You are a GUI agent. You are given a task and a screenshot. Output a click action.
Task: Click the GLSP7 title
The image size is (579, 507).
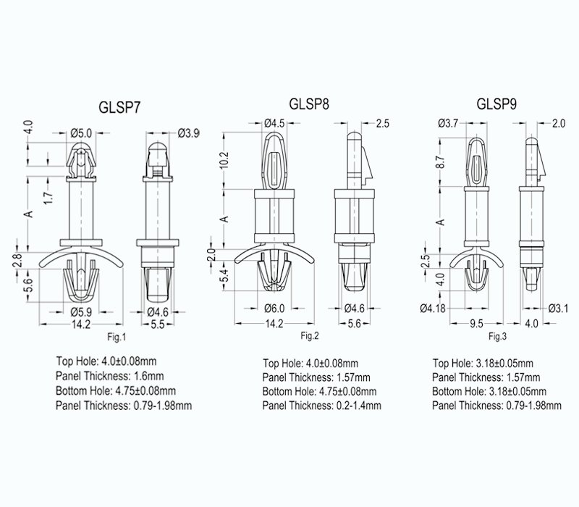(119, 107)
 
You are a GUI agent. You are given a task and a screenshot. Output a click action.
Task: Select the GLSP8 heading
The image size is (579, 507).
(309, 104)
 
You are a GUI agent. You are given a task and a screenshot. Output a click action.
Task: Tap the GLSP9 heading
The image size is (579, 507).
(496, 104)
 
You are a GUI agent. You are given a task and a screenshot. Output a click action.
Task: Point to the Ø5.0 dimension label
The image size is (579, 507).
(81, 133)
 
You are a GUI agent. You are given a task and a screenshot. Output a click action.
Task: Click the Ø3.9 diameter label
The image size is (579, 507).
(189, 133)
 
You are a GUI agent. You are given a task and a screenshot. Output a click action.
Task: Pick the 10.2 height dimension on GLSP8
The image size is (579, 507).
(225, 160)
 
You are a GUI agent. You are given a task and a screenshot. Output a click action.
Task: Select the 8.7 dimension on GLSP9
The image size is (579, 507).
(441, 162)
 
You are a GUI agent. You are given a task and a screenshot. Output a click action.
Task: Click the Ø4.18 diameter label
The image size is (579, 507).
(433, 308)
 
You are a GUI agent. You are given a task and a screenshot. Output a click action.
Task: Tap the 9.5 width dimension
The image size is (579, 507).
(476, 324)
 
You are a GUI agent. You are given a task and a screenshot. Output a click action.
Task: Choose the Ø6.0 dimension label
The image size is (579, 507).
(275, 308)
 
